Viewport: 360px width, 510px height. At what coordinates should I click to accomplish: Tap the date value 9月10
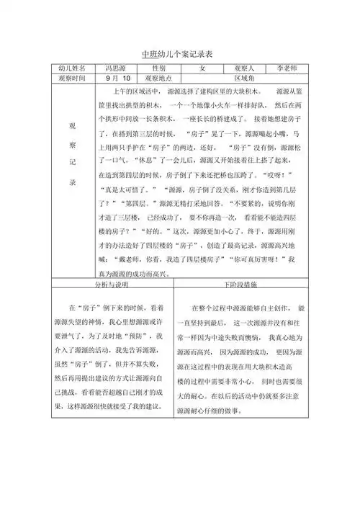118,78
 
